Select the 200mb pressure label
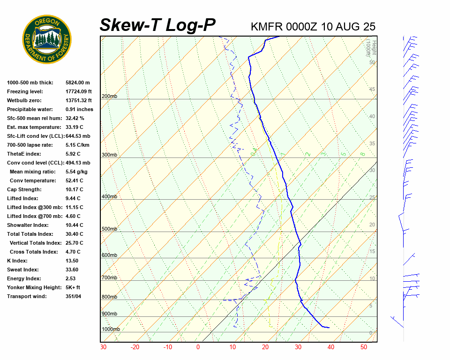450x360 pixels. (x=109, y=97)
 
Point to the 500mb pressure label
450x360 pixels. (x=109, y=229)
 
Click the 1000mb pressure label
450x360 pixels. (x=111, y=330)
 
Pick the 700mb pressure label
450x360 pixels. (x=109, y=278)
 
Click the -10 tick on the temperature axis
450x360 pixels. (x=167, y=347)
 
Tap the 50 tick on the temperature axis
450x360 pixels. (x=364, y=347)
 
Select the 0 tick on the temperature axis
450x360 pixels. (x=198, y=347)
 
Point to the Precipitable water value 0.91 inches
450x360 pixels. (x=79, y=109)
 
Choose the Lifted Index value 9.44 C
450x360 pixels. (x=74, y=198)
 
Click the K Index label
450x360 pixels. (x=17, y=261)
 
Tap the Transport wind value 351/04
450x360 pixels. (x=74, y=296)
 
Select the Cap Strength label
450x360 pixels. (x=24, y=189)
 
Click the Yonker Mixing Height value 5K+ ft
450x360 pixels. (x=73, y=287)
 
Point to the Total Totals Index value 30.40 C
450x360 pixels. (x=74, y=234)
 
